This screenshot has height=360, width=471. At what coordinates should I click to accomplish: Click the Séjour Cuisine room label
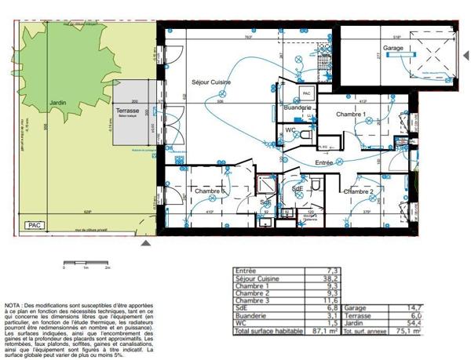(x=210, y=82)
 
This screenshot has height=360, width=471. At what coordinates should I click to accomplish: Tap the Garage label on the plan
(x=393, y=48)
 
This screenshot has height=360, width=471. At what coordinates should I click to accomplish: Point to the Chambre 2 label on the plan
(x=357, y=191)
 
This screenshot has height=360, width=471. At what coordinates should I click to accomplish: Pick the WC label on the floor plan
(x=290, y=129)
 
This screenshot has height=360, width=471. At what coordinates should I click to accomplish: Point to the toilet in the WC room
(x=305, y=135)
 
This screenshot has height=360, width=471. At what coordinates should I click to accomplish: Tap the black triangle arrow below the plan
(x=155, y=244)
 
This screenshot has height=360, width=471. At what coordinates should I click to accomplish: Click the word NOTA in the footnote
(x=13, y=304)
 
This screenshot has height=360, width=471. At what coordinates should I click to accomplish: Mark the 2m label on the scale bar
(x=107, y=267)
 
